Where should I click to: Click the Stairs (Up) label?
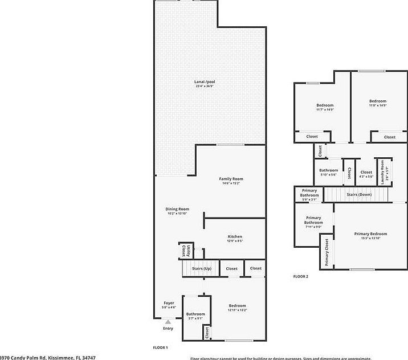tap(201, 268)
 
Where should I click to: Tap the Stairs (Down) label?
tap(358, 195)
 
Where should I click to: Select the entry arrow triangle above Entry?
tap(168, 322)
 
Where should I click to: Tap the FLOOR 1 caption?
tap(160, 347)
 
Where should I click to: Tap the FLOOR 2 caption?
tap(300, 276)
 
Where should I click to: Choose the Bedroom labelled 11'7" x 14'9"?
tap(325, 107)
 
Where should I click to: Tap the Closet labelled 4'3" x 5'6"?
tap(366, 173)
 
